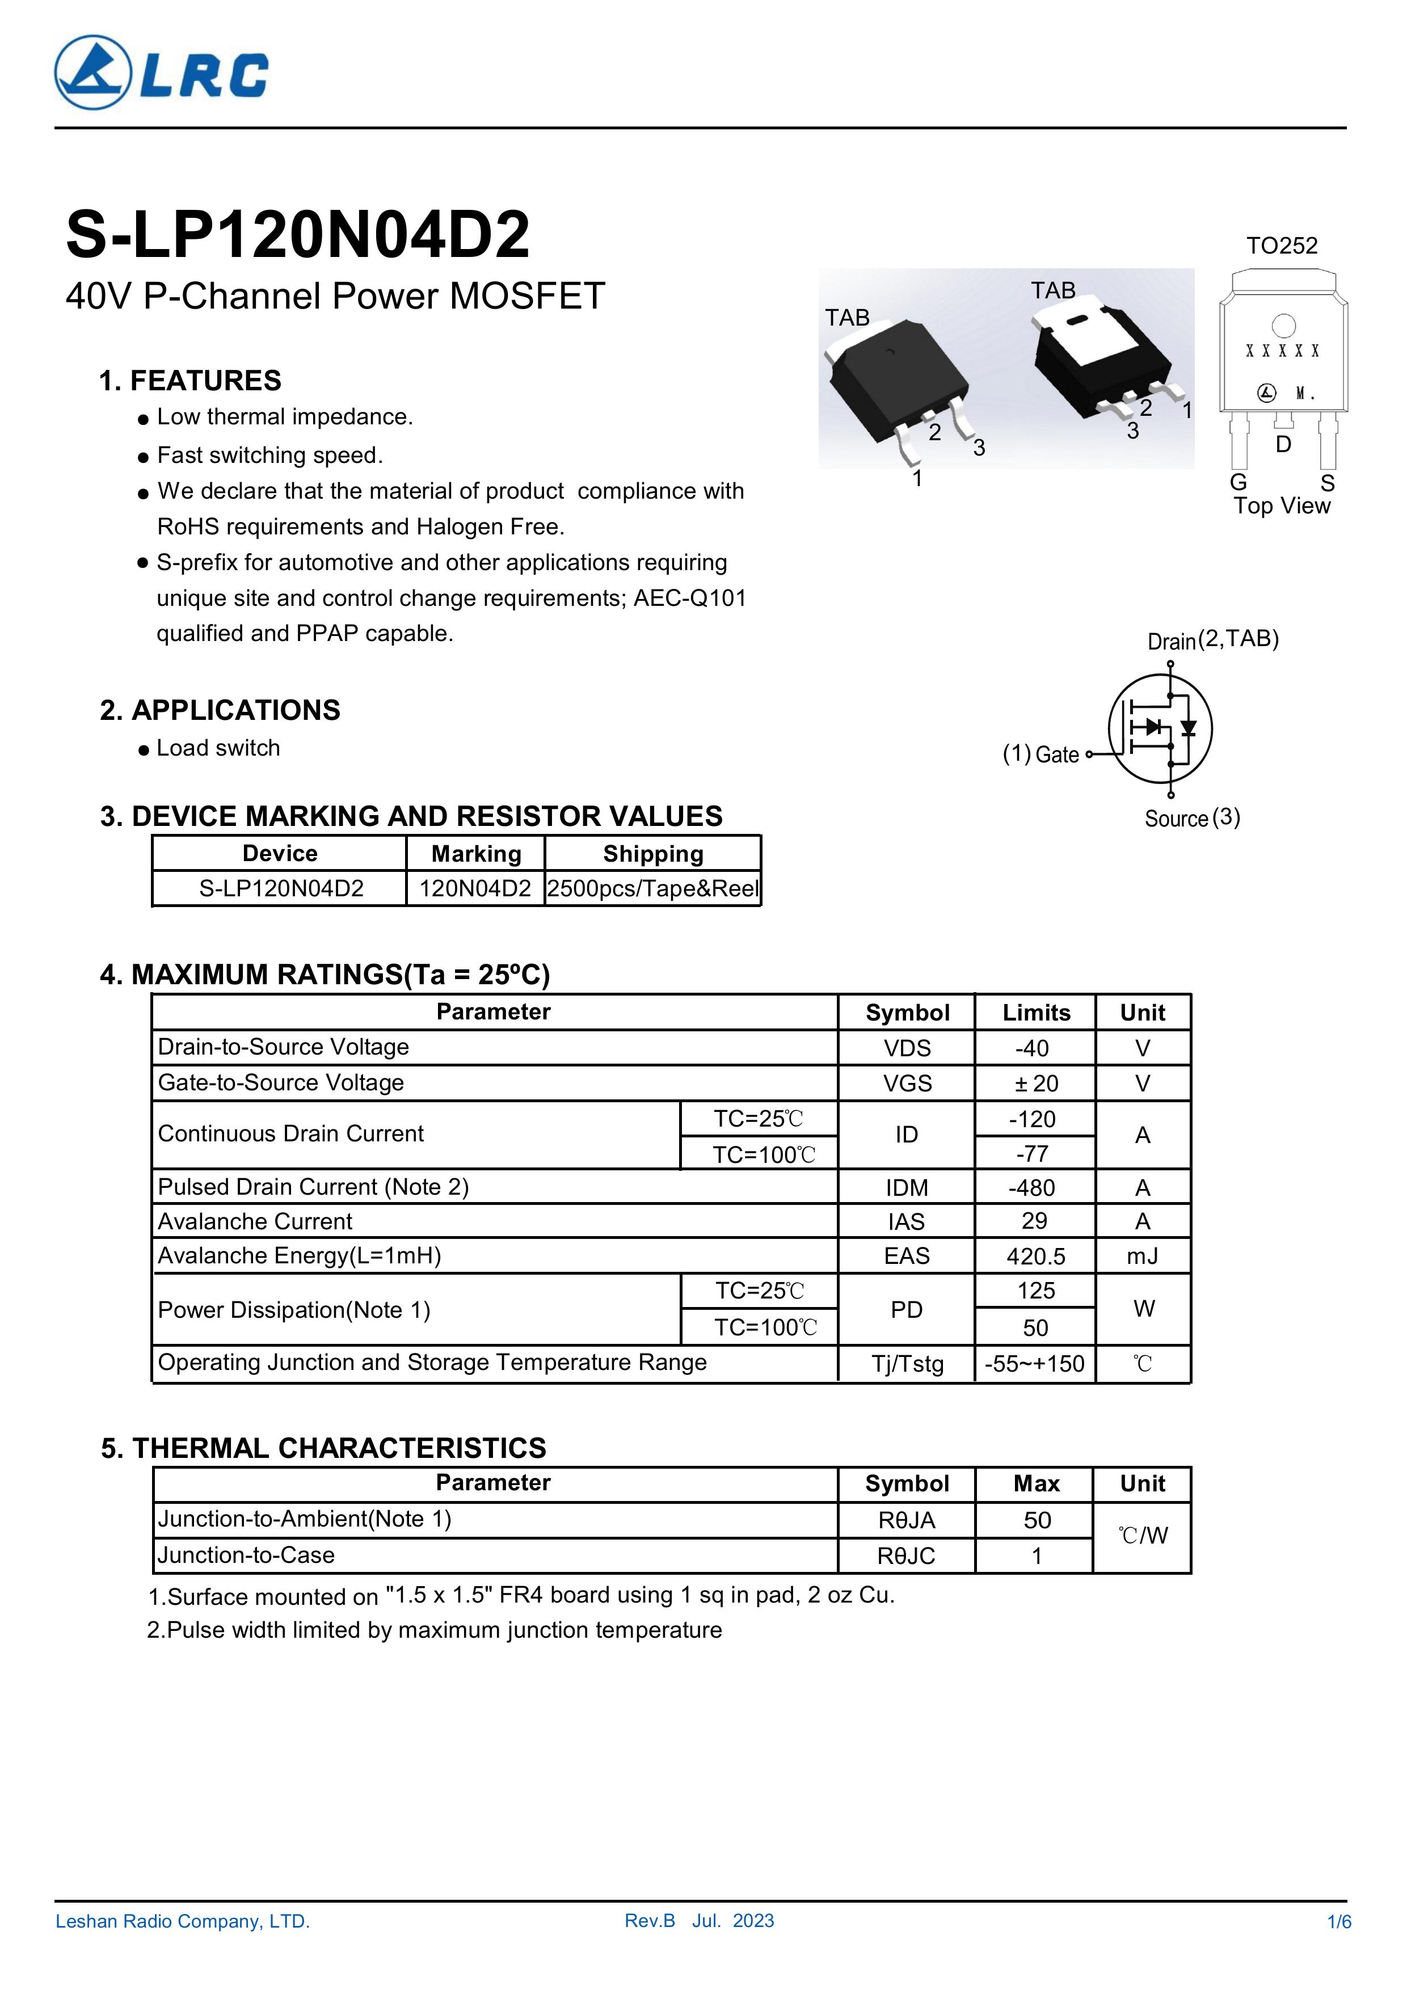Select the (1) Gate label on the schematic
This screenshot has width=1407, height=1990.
click(x=1040, y=754)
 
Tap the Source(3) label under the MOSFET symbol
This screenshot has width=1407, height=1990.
click(x=1192, y=818)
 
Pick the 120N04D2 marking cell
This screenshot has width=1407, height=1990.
click(x=475, y=888)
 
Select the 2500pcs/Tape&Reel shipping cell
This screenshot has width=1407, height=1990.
click(x=653, y=888)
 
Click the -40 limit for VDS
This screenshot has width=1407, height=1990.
click(x=1033, y=1048)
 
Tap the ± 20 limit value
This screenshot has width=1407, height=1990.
click(x=1035, y=1083)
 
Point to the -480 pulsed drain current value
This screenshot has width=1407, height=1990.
click(x=1033, y=1187)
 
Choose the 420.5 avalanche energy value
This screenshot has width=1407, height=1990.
click(x=1035, y=1256)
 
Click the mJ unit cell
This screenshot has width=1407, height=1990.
click(x=1143, y=1256)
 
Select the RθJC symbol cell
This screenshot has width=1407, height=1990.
click(x=906, y=1556)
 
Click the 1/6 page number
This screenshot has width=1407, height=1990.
click(x=1338, y=1921)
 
